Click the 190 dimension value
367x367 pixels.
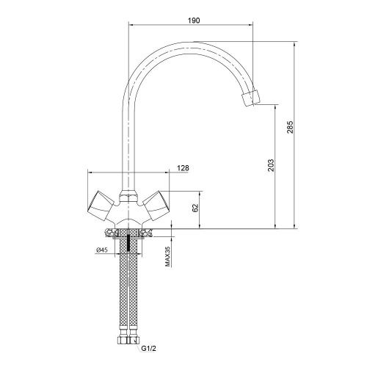(x=194, y=21)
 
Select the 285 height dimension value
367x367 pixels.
(x=290, y=127)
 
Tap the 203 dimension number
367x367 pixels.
(x=271, y=165)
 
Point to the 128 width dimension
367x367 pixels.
(x=183, y=168)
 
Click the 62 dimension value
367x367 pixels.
(x=195, y=208)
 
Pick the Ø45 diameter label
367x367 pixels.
(x=102, y=250)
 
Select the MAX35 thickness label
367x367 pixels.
(x=167, y=256)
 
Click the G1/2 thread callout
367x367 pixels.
(x=148, y=349)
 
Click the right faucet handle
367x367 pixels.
(x=156, y=205)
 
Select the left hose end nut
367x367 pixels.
(x=123, y=339)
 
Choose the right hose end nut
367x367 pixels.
(x=134, y=339)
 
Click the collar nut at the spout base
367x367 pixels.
(x=128, y=197)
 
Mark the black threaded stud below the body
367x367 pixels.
(x=128, y=243)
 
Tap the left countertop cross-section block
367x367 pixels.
(x=111, y=233)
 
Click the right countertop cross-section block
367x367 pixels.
(x=145, y=233)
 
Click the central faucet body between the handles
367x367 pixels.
(x=128, y=213)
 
